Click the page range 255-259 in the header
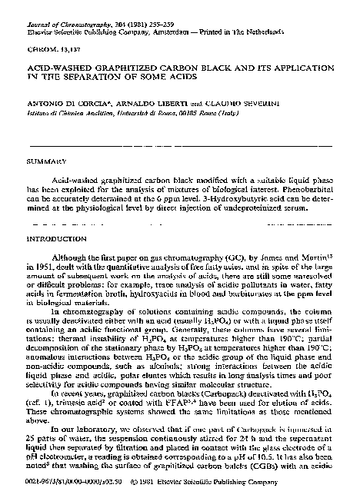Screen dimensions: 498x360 (x=158, y=8)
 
